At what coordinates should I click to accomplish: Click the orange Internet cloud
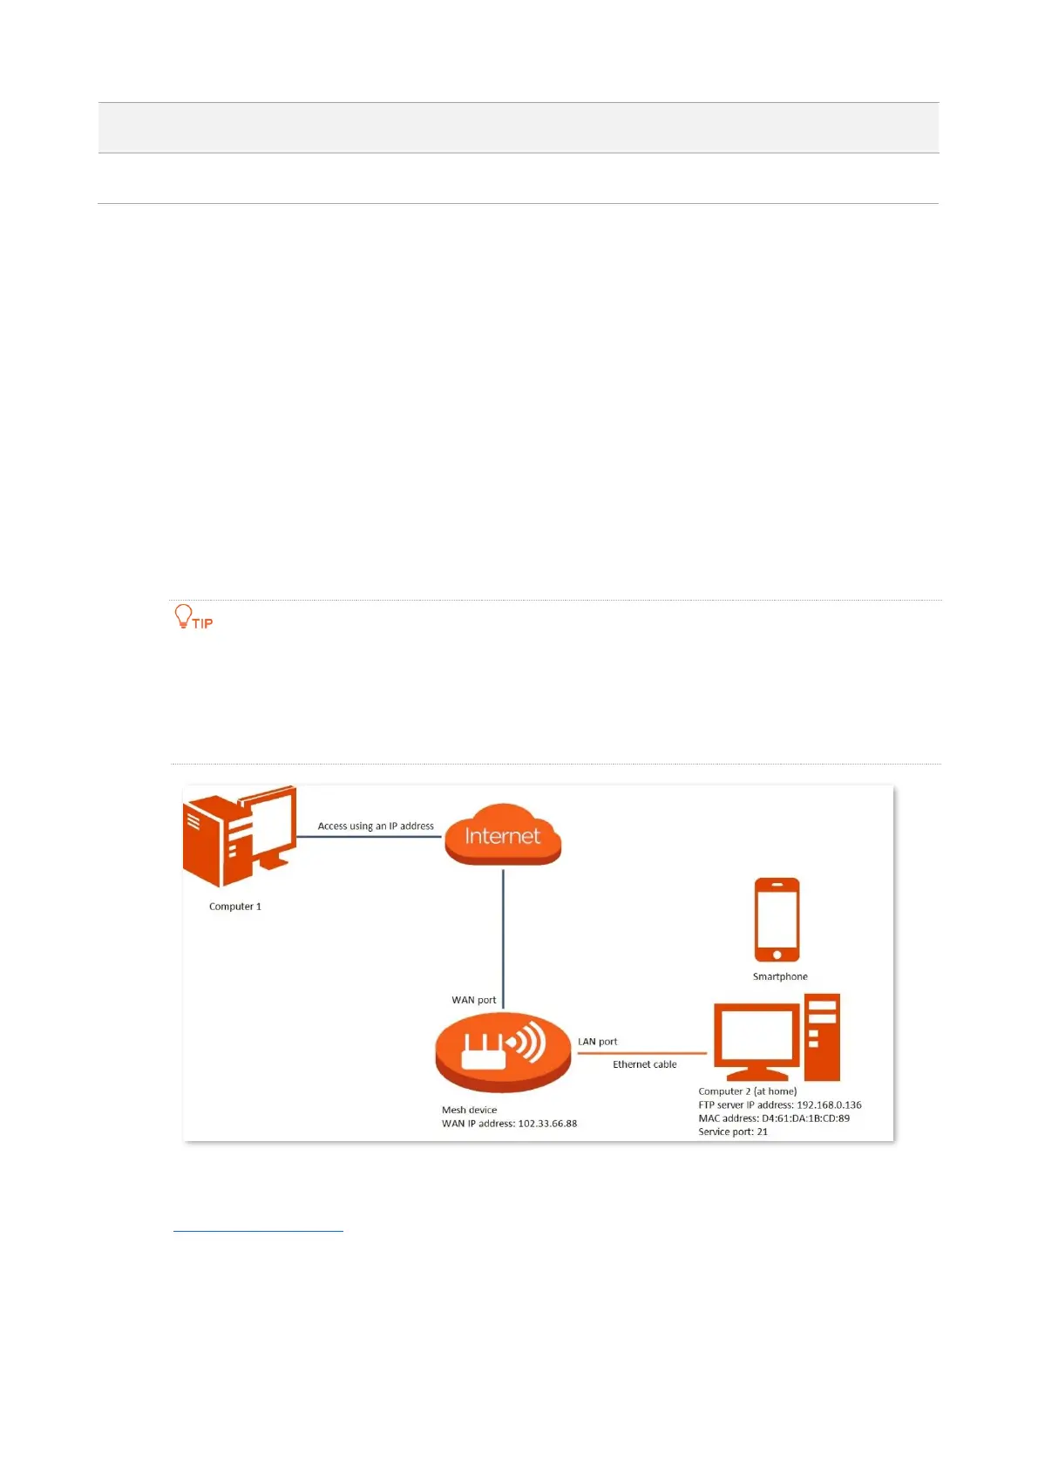[503, 835]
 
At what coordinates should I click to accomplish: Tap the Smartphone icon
[777, 919]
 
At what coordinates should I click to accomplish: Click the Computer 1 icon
[239, 835]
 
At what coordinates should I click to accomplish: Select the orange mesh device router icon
[503, 1050]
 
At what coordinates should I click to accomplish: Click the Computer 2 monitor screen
[756, 1035]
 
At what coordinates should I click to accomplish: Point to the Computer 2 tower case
[822, 1036]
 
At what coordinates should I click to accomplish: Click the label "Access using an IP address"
[376, 826]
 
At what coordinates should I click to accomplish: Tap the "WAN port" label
[474, 1000]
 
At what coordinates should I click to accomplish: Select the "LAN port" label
[598, 1042]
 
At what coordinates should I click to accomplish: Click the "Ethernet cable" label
[645, 1064]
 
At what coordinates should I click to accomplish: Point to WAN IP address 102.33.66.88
[547, 1124]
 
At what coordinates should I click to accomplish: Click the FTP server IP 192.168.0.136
[829, 1104]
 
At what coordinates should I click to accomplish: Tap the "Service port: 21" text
[733, 1132]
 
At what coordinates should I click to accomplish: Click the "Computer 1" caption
[235, 907]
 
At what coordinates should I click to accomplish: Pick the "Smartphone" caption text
[780, 976]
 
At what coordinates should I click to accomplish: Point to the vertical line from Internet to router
[503, 937]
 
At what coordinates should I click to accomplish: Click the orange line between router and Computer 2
[641, 1053]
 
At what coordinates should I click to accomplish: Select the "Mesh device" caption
[470, 1110]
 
